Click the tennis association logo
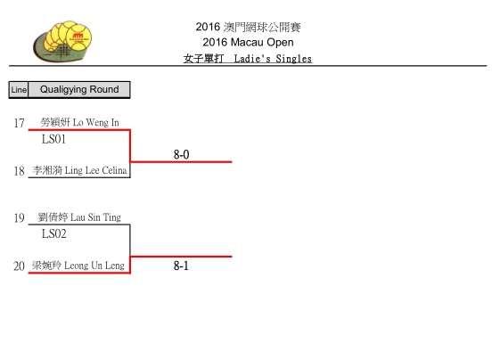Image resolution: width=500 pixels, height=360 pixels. (x=62, y=42)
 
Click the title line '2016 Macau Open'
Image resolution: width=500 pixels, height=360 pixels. (x=248, y=42)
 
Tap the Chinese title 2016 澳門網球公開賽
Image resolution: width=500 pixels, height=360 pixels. (x=248, y=27)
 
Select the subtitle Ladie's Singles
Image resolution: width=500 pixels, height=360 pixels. (x=273, y=59)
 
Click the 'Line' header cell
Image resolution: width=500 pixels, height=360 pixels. (x=19, y=90)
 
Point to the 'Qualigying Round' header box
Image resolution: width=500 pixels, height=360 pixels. (x=79, y=90)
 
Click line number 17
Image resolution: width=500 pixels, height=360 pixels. (x=19, y=123)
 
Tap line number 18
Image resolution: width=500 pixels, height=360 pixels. (x=19, y=171)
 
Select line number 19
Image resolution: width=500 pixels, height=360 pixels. (x=19, y=218)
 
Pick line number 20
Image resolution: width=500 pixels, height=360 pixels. (x=19, y=266)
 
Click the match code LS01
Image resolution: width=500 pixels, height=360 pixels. (x=53, y=139)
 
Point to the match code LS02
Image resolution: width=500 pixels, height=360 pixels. (x=53, y=233)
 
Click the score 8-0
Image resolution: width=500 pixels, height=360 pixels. (x=181, y=155)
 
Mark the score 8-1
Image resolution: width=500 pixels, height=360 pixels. (x=181, y=266)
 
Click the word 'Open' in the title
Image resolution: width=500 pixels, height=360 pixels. (x=280, y=43)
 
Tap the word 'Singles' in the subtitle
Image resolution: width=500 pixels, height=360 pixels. (x=294, y=59)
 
